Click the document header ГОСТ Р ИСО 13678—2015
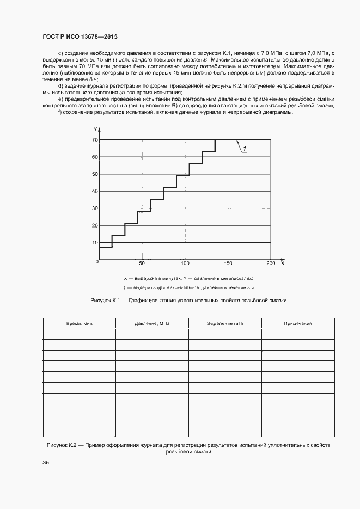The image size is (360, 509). (x=80, y=37)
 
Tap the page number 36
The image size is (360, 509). (x=46, y=463)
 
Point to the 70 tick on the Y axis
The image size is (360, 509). (x=95, y=140)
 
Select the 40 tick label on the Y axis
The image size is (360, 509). (x=95, y=191)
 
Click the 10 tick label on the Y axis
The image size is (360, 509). (x=95, y=242)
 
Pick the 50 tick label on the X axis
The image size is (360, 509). (x=142, y=263)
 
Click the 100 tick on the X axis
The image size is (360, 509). (x=185, y=263)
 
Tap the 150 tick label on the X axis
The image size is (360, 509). (x=228, y=263)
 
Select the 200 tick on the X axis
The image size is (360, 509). (x=271, y=263)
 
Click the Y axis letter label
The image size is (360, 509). (x=95, y=130)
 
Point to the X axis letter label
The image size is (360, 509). (x=282, y=263)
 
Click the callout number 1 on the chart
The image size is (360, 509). (x=245, y=149)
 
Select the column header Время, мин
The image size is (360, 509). (x=80, y=323)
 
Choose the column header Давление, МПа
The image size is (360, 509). (x=152, y=323)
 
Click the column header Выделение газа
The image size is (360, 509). (x=225, y=323)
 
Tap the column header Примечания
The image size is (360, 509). (x=297, y=323)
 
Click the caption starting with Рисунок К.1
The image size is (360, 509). (x=188, y=300)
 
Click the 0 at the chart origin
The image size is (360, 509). (x=97, y=262)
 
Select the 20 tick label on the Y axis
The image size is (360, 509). (x=95, y=225)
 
